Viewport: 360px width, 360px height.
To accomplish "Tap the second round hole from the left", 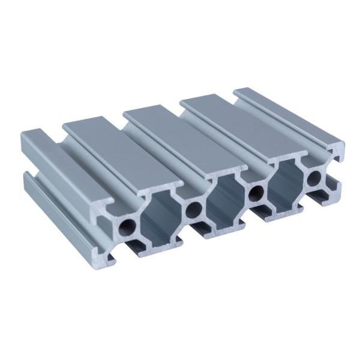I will coord(193,209).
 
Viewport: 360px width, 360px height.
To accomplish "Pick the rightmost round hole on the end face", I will coord(314,177).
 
